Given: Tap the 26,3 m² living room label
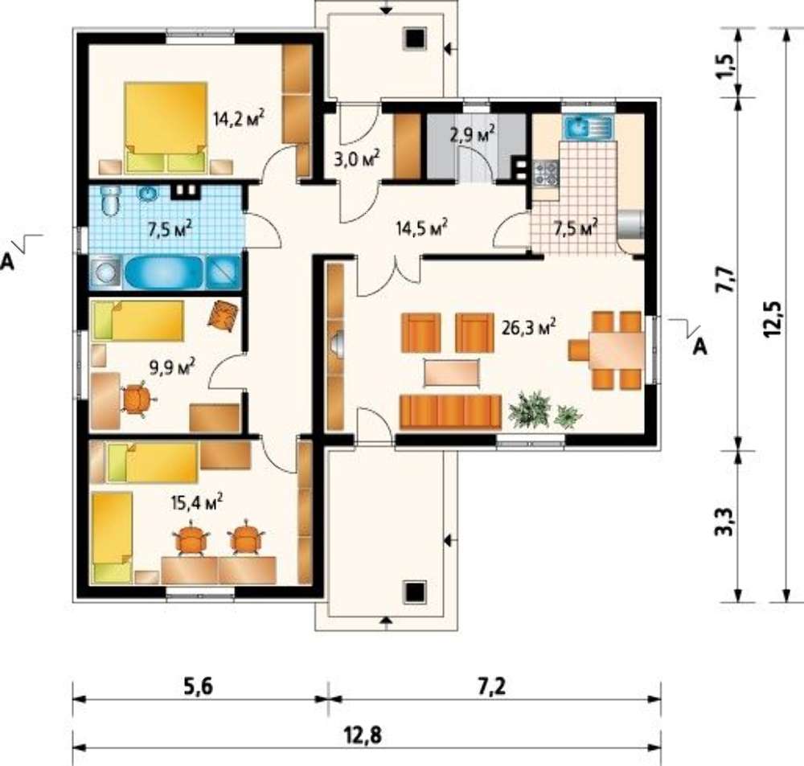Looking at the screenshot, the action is tap(529, 327).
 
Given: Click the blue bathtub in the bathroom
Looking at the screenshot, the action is tap(164, 272).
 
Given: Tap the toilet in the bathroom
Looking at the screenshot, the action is tap(110, 202).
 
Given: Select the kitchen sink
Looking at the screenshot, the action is tap(588, 127).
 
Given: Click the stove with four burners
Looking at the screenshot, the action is tap(545, 172).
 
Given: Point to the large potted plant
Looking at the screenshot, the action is tap(530, 408).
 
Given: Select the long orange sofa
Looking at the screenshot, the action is tap(450, 412).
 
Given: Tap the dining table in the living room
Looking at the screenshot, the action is tap(617, 350).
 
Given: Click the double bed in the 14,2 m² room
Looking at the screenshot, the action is tap(166, 127).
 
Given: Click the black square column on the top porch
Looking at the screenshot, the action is tap(414, 39).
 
